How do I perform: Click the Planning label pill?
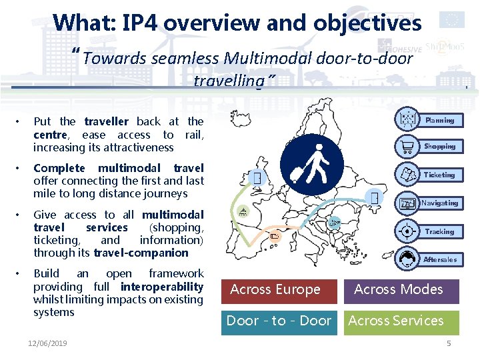[x=439, y=120]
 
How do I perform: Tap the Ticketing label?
[x=439, y=175]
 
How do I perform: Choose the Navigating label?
[x=439, y=203]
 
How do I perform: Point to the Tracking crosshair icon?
[x=406, y=231]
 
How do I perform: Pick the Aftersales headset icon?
[x=406, y=259]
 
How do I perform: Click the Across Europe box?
[x=275, y=290]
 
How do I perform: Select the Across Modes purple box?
[x=398, y=290]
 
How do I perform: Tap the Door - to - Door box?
[x=279, y=321]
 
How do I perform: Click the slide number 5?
[x=449, y=343]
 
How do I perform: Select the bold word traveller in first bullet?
[x=107, y=121]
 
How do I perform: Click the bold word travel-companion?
[x=141, y=253]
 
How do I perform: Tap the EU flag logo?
[x=453, y=20]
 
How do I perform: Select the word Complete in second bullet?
[x=59, y=168]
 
